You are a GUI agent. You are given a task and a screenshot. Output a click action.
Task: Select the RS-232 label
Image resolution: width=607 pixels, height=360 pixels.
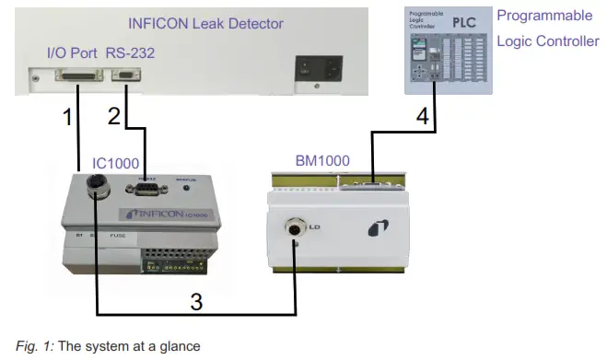(130, 53)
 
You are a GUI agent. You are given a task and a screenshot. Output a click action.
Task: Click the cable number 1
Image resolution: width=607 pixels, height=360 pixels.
(66, 118)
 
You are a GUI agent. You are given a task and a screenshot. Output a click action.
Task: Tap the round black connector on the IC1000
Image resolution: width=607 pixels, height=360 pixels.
(96, 190)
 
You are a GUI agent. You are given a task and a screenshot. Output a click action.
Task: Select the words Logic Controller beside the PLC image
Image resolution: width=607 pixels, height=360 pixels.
(547, 41)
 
